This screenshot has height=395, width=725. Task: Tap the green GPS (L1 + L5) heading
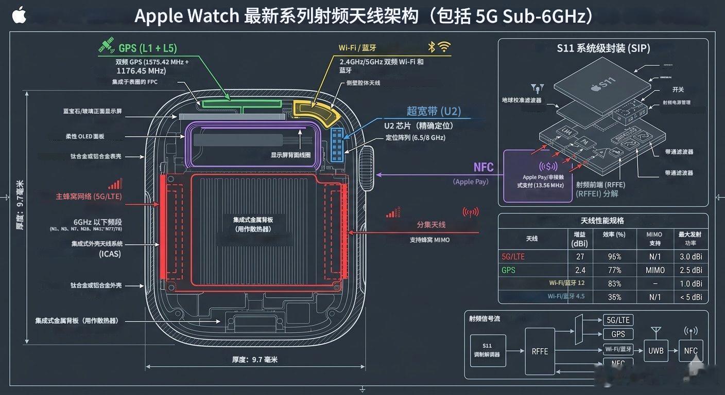(x=147, y=48)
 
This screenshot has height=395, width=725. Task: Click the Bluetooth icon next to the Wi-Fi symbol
(x=431, y=47)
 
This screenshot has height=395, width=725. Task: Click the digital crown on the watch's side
(x=369, y=163)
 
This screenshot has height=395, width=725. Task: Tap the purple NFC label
(x=483, y=167)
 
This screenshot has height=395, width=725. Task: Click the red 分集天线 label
(x=431, y=225)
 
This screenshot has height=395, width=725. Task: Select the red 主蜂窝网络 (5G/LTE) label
(x=89, y=196)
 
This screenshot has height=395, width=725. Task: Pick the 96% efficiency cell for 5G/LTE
(x=614, y=257)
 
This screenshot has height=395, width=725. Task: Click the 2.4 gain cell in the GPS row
(x=580, y=270)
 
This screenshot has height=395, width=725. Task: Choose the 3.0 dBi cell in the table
(x=691, y=257)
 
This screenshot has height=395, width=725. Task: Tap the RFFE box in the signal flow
(x=540, y=351)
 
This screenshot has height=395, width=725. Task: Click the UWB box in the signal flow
(x=656, y=351)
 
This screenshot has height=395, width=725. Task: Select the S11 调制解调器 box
(x=487, y=350)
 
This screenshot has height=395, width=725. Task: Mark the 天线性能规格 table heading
(x=602, y=221)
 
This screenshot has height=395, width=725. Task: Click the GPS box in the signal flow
(x=618, y=334)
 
